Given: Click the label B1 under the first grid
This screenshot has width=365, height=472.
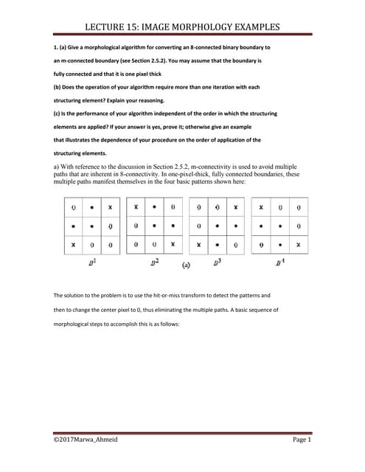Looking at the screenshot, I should pyautogui.click(x=91, y=263).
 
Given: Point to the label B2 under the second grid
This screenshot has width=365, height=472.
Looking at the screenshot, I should pyautogui.click(x=153, y=263).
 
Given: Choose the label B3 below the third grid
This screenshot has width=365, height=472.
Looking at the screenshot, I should pyautogui.click(x=217, y=263).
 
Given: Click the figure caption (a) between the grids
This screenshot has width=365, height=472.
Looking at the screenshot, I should pyautogui.click(x=185, y=263).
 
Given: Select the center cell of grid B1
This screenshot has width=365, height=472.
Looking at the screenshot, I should pyautogui.click(x=91, y=226).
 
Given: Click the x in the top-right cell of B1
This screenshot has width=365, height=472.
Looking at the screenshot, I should pyautogui.click(x=110, y=208).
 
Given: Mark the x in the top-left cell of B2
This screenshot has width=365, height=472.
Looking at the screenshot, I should pyautogui.click(x=136, y=208).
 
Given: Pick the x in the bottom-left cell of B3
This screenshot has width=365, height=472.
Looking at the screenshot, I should pyautogui.click(x=198, y=243).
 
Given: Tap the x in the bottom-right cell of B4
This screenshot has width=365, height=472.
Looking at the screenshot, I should pyautogui.click(x=298, y=243).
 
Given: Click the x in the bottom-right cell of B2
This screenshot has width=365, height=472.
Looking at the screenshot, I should pyautogui.click(x=173, y=243).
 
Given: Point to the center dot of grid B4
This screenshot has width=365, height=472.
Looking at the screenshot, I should pyautogui.click(x=279, y=226).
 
